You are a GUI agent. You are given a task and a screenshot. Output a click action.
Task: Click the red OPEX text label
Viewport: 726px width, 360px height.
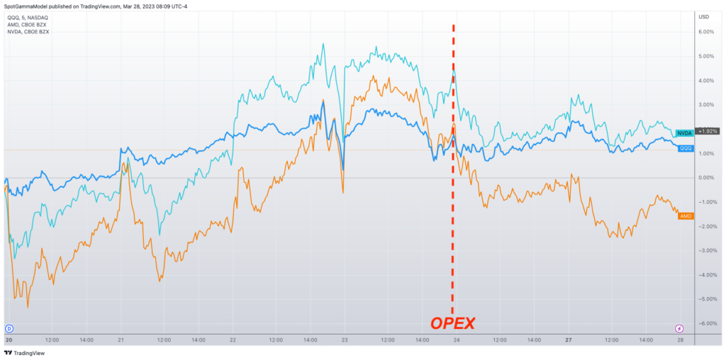click(453, 324)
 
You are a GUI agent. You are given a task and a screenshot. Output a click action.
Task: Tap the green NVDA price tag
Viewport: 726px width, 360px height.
click(684, 133)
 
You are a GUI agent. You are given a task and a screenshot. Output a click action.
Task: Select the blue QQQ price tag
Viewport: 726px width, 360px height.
click(686, 148)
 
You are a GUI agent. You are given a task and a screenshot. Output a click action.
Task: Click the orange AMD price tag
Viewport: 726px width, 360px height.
click(686, 215)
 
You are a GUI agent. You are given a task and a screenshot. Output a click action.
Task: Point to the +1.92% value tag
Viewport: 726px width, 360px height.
click(709, 131)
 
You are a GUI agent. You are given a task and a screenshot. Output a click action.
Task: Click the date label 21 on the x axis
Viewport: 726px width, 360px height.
click(122, 339)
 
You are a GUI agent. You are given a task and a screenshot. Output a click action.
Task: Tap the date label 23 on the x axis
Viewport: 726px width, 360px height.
click(344, 339)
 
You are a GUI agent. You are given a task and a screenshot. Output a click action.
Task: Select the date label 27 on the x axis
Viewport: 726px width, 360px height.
click(568, 339)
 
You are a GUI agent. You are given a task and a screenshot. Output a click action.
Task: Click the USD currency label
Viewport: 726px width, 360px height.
click(704, 16)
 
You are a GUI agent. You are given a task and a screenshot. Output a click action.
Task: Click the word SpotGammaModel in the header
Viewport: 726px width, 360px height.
click(28, 6)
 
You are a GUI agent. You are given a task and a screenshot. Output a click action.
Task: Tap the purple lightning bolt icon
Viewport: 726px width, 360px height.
click(679, 328)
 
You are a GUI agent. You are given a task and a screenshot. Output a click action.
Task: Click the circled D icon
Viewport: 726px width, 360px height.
click(9, 328)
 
